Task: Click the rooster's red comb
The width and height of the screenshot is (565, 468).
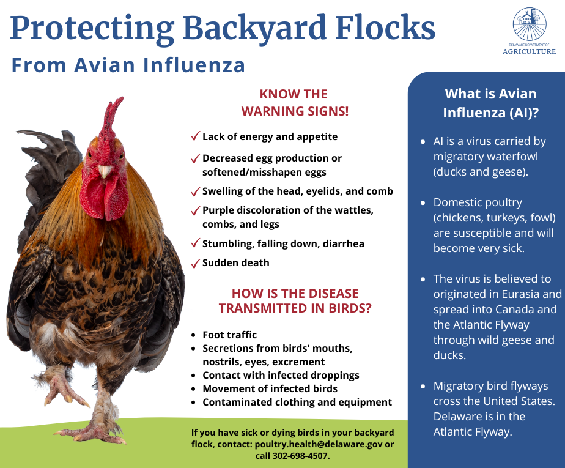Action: tap(111, 119)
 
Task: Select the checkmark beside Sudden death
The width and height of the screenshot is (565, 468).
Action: tap(195, 264)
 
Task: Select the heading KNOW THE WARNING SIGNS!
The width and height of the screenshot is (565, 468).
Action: tap(294, 103)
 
